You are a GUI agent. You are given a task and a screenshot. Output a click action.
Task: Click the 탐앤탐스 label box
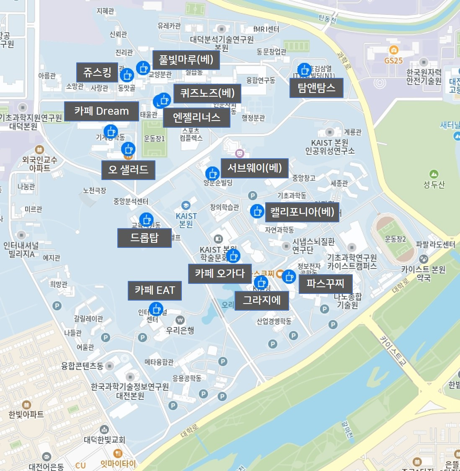(x=316, y=88)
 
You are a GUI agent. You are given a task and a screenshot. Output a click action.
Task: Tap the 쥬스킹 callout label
(x=97, y=72)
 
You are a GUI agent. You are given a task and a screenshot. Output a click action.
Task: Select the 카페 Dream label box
(x=101, y=111)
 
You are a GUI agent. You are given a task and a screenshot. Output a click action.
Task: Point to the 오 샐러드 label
(x=128, y=170)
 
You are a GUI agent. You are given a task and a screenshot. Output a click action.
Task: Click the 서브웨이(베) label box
(x=254, y=168)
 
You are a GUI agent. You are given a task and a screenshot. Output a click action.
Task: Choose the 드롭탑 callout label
(x=145, y=238)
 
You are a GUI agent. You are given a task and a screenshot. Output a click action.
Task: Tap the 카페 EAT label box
(x=155, y=291)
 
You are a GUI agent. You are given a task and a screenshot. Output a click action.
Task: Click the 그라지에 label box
(x=261, y=300)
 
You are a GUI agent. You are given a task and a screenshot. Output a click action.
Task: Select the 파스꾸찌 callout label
(x=325, y=283)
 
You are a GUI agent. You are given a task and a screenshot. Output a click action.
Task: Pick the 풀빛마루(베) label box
(x=186, y=60)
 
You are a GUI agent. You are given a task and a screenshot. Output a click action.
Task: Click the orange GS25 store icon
(x=393, y=51)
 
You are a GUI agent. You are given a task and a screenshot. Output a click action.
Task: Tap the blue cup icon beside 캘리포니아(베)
(x=256, y=211)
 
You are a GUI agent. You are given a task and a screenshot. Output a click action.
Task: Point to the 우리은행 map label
(x=180, y=330)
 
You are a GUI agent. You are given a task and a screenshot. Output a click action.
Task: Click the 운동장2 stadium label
(x=395, y=239)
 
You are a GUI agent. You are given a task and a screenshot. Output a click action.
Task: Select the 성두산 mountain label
(x=434, y=185)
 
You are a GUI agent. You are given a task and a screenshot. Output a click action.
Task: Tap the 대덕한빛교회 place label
(x=104, y=440)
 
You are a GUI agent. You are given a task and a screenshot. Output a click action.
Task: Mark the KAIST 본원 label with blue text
(x=186, y=220)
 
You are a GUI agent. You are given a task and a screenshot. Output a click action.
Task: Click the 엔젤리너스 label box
(x=196, y=118)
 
